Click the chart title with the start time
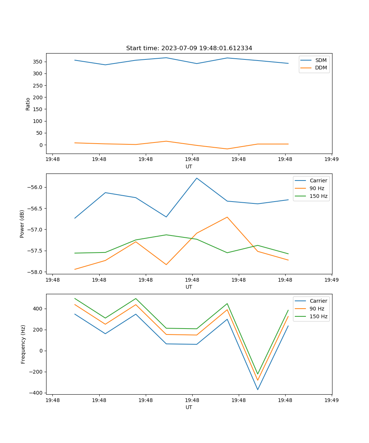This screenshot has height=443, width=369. coord(189,48)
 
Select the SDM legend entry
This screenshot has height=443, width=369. coord(321,60)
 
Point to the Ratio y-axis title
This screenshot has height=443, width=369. coord(28,104)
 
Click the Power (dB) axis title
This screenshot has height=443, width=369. coord(22,224)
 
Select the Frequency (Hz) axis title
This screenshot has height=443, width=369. coord(23,344)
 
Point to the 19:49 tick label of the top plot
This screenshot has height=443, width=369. coord(331,159)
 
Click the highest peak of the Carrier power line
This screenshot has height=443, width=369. coord(197,178)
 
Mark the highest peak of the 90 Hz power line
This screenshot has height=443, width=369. coord(227,217)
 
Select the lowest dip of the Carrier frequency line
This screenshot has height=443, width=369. coord(258,390)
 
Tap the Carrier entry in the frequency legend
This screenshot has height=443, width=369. coord(318,301)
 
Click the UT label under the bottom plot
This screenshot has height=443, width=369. coord(189,407)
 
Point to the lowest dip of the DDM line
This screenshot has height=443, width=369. coord(227,149)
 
